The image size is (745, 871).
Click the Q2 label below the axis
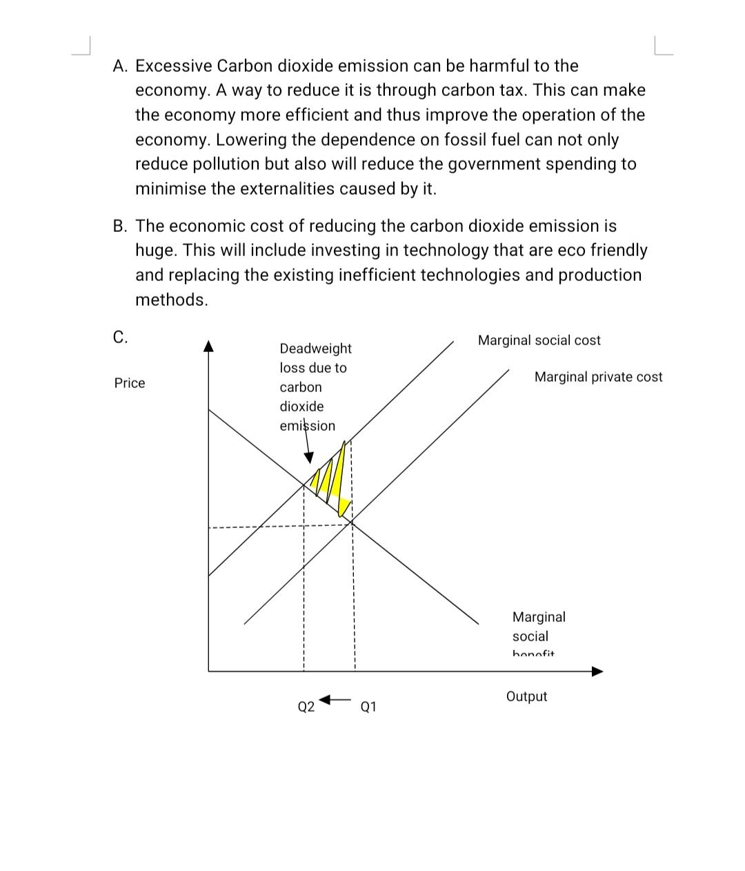(x=306, y=707)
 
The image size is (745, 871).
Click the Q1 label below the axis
(x=368, y=707)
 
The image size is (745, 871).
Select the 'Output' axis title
(x=526, y=696)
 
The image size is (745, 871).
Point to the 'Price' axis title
(x=130, y=383)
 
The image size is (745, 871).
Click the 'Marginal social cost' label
(x=539, y=340)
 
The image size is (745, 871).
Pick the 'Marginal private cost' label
(x=598, y=377)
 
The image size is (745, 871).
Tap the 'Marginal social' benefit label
(x=539, y=627)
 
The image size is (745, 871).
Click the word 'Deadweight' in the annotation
(x=315, y=349)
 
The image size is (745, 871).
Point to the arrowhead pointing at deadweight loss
(x=309, y=458)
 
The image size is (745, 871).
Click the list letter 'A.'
(x=121, y=66)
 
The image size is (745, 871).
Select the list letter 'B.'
(x=121, y=226)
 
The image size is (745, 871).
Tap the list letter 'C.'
(x=120, y=337)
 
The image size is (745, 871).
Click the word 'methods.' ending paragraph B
(x=171, y=300)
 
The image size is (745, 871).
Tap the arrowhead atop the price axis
(x=209, y=345)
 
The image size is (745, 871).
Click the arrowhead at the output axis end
(x=597, y=671)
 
